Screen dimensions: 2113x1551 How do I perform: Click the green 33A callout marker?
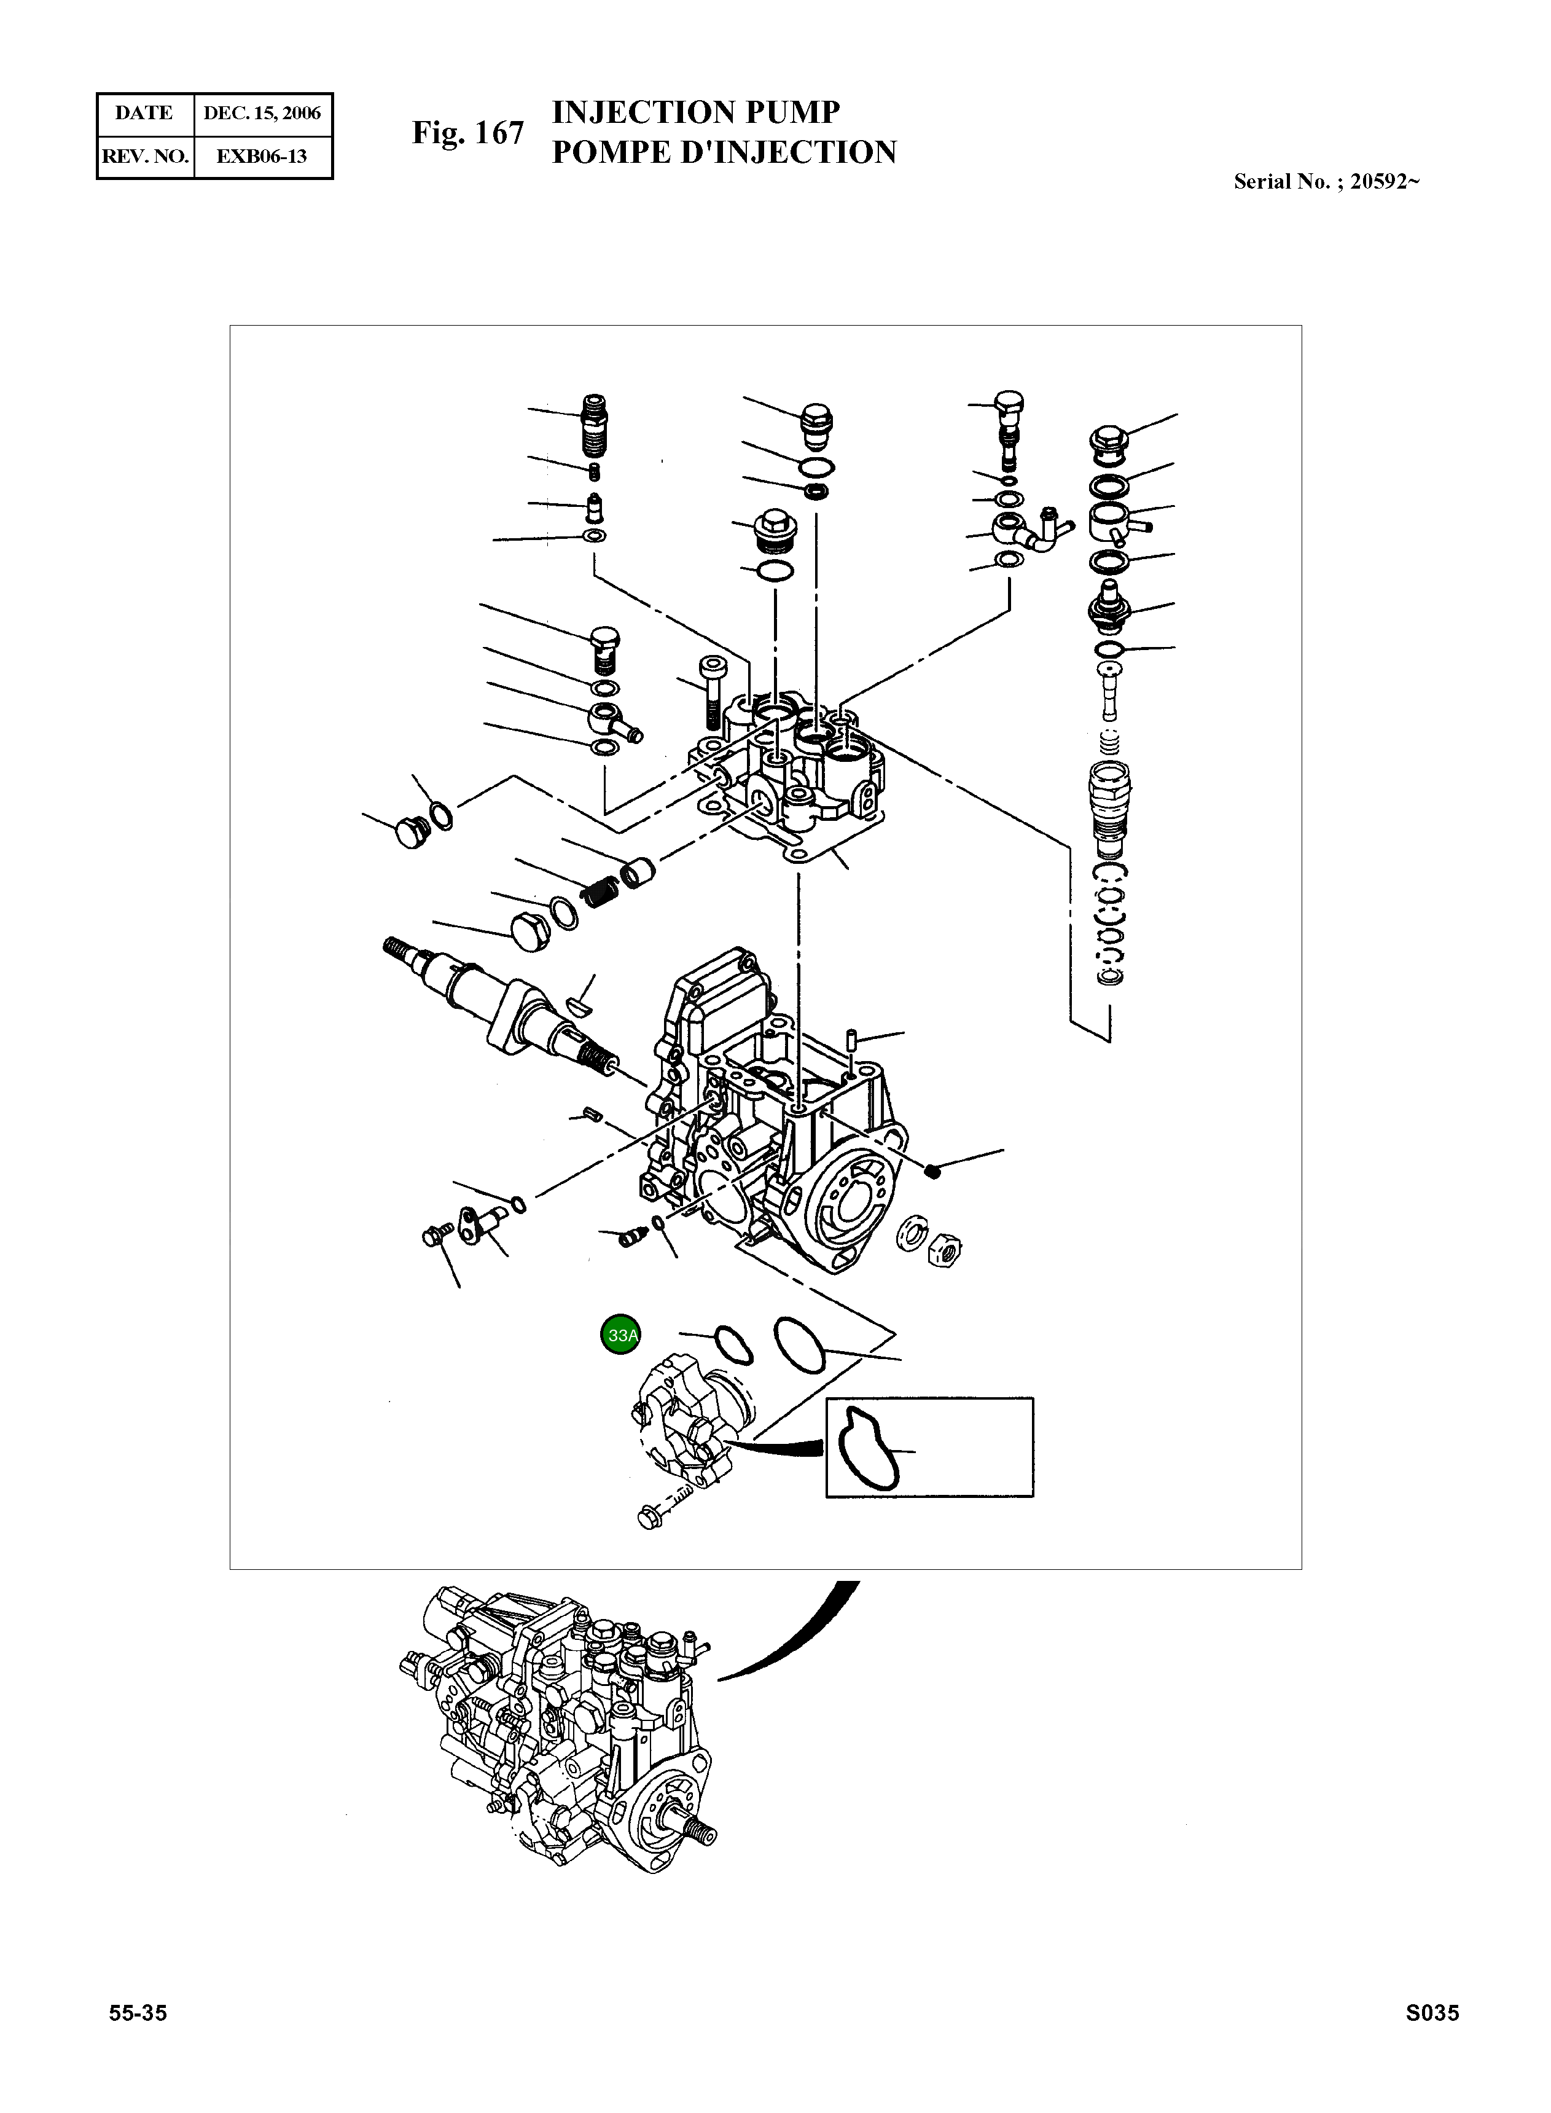pyautogui.click(x=620, y=1335)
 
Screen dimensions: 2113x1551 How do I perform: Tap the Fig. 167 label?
pyautogui.click(x=467, y=133)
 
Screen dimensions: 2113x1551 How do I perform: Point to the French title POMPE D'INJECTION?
pyautogui.click(x=724, y=152)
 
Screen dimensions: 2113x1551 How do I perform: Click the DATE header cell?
pyautogui.click(x=144, y=114)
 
